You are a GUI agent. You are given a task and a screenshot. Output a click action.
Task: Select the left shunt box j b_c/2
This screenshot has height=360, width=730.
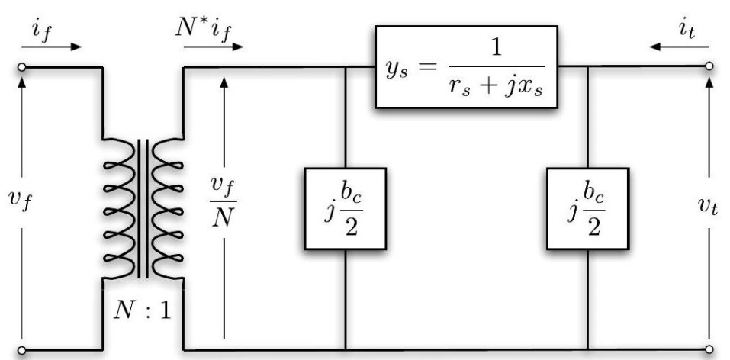point(346,208)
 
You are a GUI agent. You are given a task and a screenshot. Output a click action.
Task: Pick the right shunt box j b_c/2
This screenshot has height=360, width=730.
point(587,208)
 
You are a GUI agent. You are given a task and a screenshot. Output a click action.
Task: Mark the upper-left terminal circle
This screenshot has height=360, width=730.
point(23,67)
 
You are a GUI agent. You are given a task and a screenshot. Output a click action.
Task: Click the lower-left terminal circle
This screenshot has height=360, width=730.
point(23,351)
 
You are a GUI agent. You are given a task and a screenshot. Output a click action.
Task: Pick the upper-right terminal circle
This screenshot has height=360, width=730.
point(711,67)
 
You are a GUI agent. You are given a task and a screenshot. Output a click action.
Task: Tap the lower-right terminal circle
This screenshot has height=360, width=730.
point(711,351)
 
